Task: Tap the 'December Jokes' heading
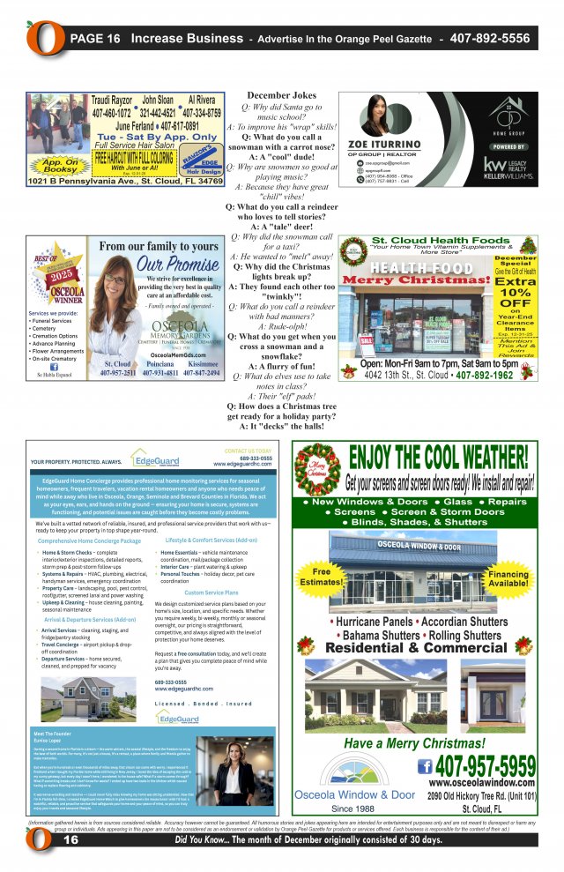point(281,95)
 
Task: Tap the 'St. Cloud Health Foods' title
point(427,240)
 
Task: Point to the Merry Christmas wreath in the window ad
point(316,469)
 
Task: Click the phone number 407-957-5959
point(485,764)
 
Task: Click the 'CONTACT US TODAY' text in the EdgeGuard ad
point(248,451)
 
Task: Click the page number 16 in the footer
point(70,840)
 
